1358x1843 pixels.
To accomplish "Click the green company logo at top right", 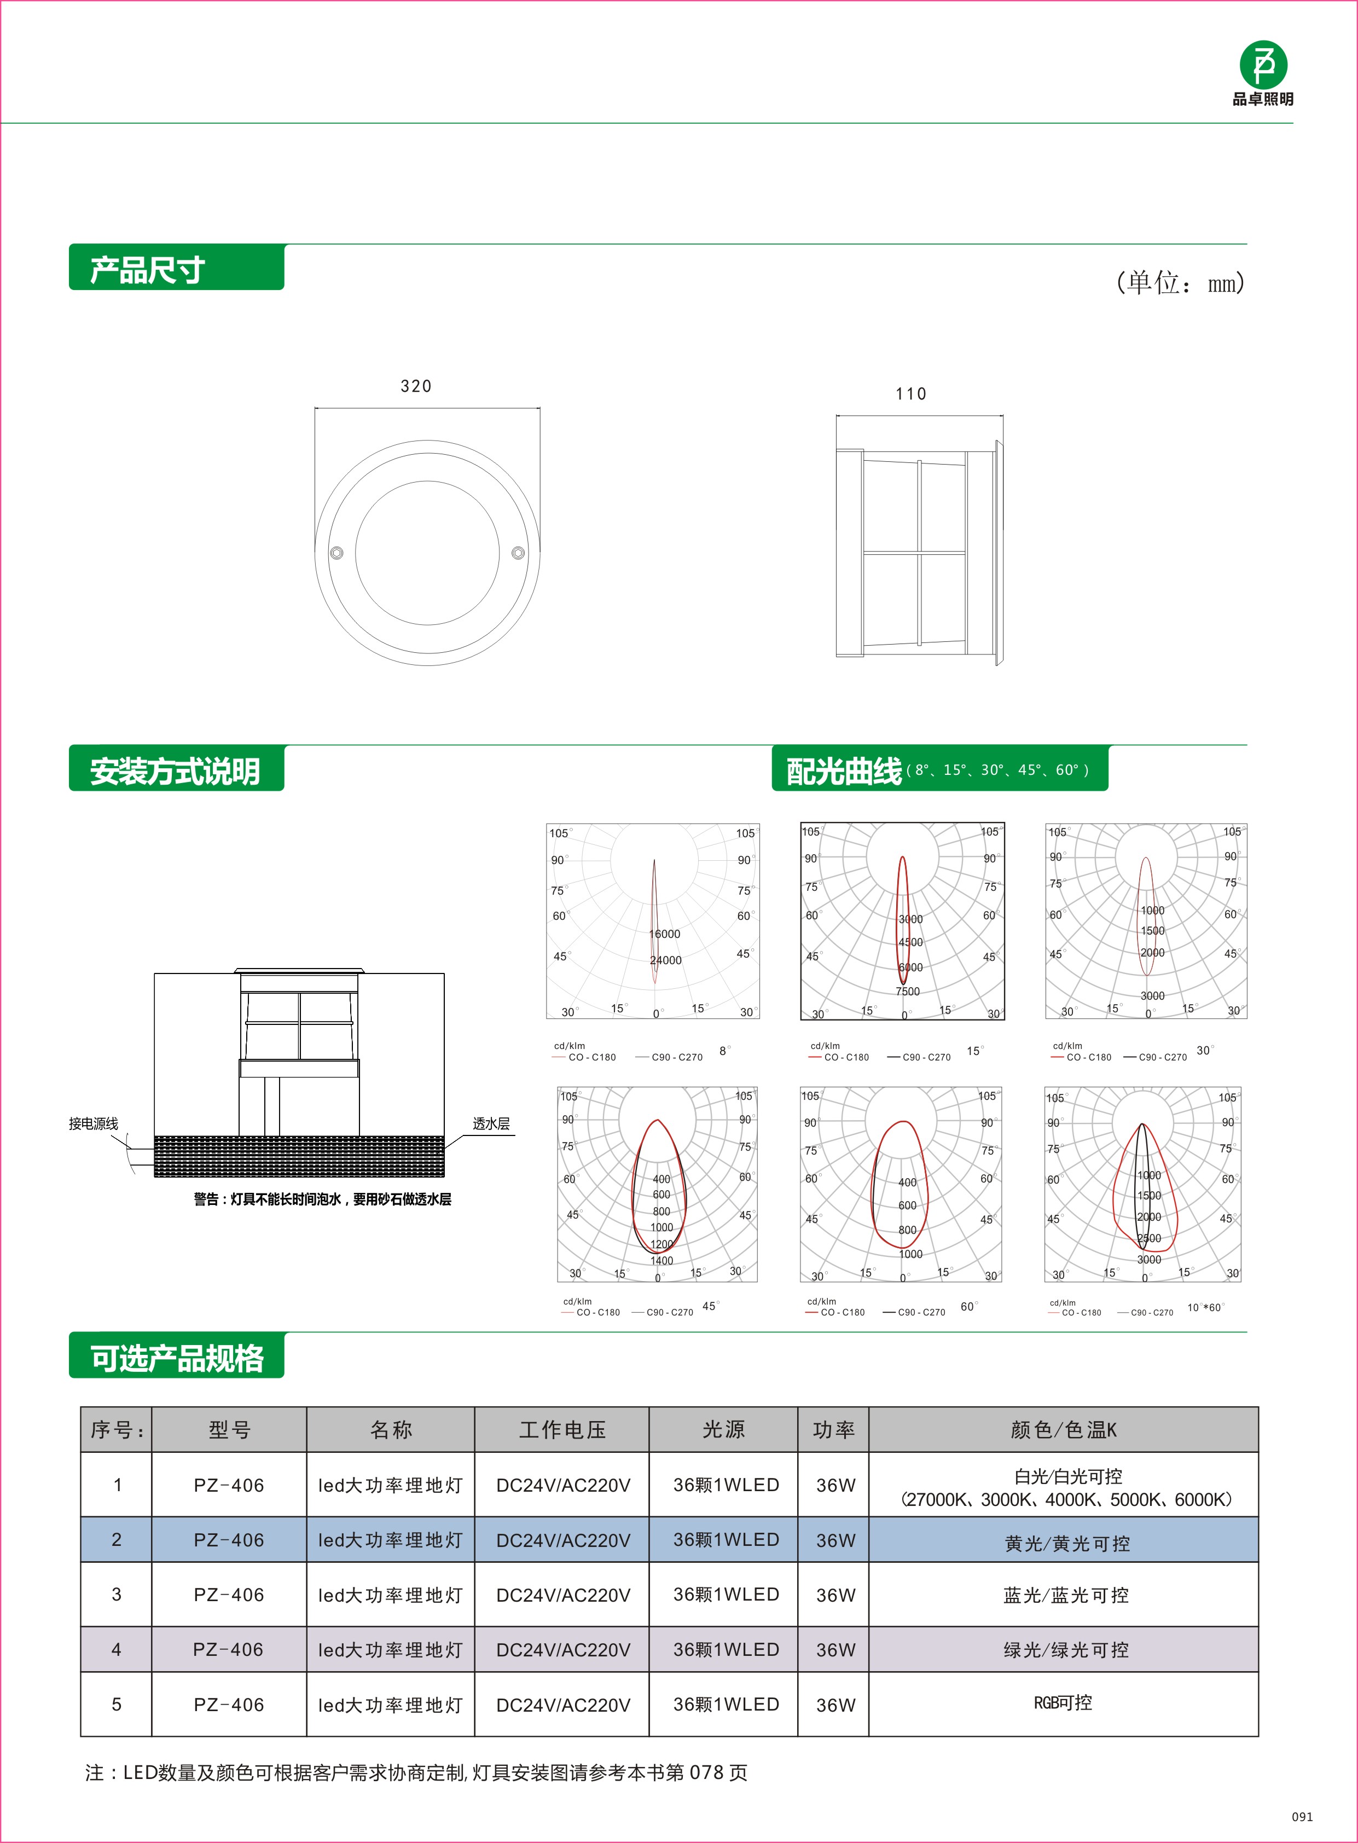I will [x=1263, y=65].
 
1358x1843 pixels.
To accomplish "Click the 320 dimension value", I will [x=416, y=386].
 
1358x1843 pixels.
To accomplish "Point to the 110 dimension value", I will [x=911, y=395].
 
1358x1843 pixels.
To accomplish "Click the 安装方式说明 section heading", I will [x=175, y=771].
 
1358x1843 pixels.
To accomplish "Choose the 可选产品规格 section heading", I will [x=177, y=1358].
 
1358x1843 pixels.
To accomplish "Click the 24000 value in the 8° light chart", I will [x=666, y=960].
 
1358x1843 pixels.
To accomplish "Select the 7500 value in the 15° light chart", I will [x=908, y=992].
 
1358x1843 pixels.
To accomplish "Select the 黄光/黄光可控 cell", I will [x=1067, y=1544].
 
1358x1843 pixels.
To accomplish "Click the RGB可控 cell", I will [x=1063, y=1702].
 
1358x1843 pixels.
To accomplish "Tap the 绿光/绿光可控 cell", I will [x=1066, y=1650].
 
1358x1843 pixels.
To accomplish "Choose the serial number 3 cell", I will [x=117, y=1595].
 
